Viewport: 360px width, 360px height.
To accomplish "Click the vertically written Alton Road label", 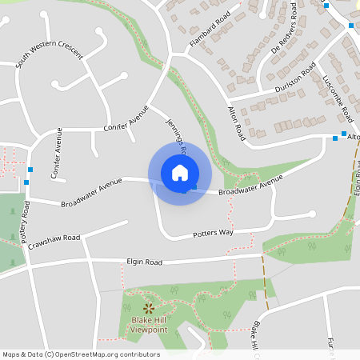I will pos(235,124).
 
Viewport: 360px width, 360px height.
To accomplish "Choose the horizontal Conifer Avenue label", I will pos(126,118).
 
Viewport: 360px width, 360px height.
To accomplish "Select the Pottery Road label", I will pos(26,222).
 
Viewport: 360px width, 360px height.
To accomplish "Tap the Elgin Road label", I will pos(144,262).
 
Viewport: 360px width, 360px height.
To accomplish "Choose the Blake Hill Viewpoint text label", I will pos(149,324).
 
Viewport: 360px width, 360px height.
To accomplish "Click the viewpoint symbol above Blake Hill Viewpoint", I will pos(148,308).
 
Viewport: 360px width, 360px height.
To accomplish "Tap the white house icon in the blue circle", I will pos(180,172).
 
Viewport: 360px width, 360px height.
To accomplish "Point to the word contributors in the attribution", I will pos(139,354).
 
